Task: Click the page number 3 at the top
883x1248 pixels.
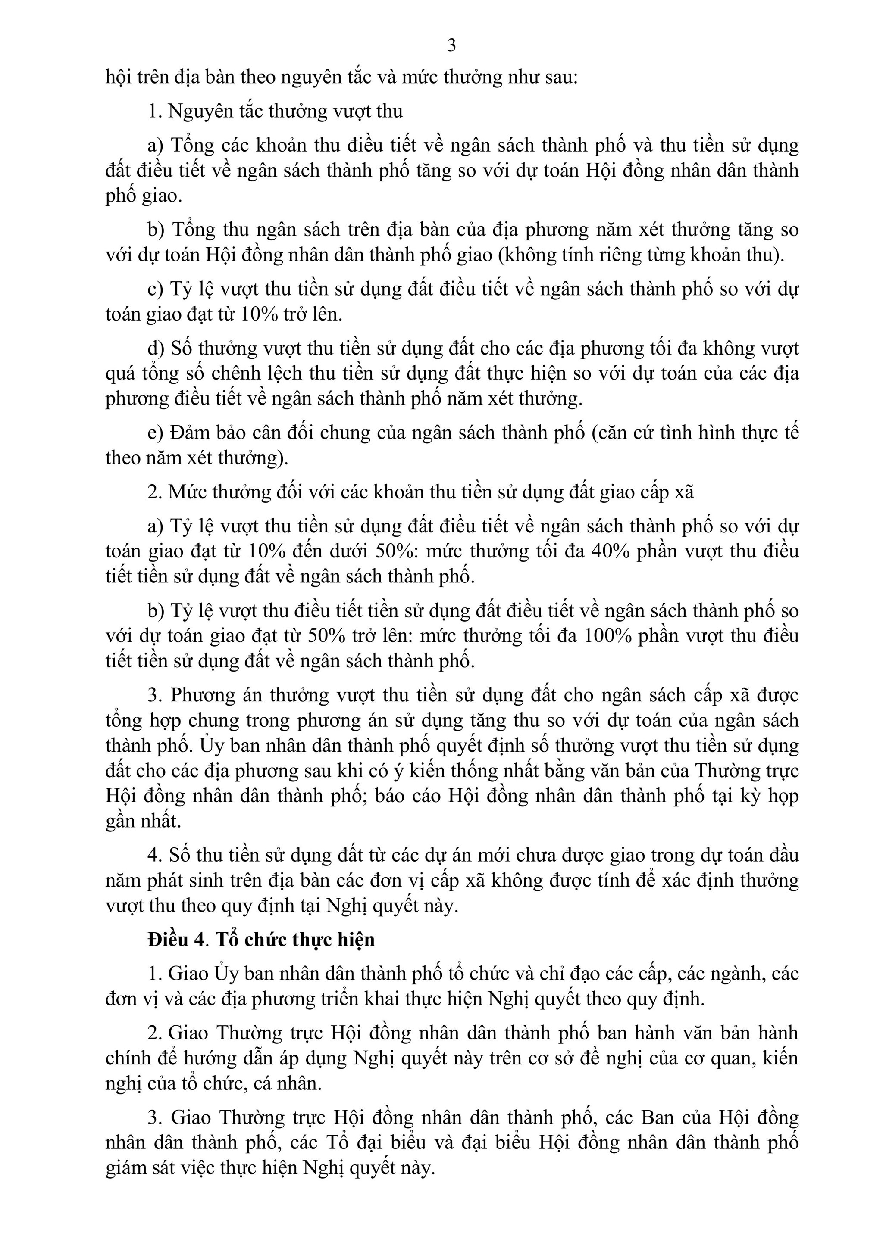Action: click(451, 46)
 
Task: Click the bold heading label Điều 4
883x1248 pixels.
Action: click(177, 940)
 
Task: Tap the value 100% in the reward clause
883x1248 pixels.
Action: click(607, 636)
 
